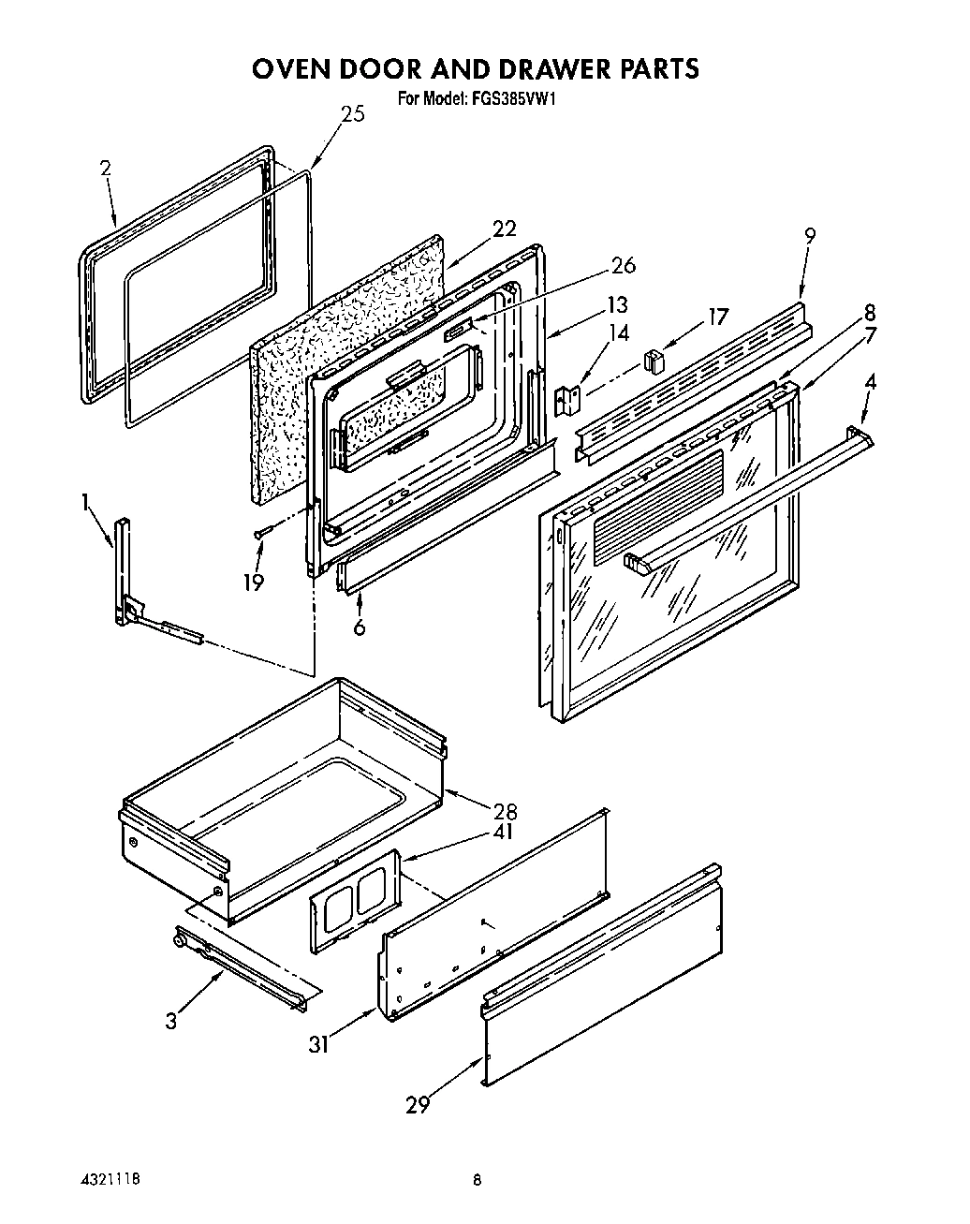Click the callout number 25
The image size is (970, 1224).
point(352,114)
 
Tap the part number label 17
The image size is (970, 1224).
point(716,317)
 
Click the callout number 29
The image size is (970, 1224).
point(418,1105)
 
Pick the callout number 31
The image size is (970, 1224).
point(319,1043)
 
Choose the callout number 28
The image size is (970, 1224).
point(504,811)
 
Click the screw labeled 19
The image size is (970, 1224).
point(263,532)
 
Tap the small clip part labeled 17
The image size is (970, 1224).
point(653,359)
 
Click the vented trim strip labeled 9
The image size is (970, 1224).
point(693,375)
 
